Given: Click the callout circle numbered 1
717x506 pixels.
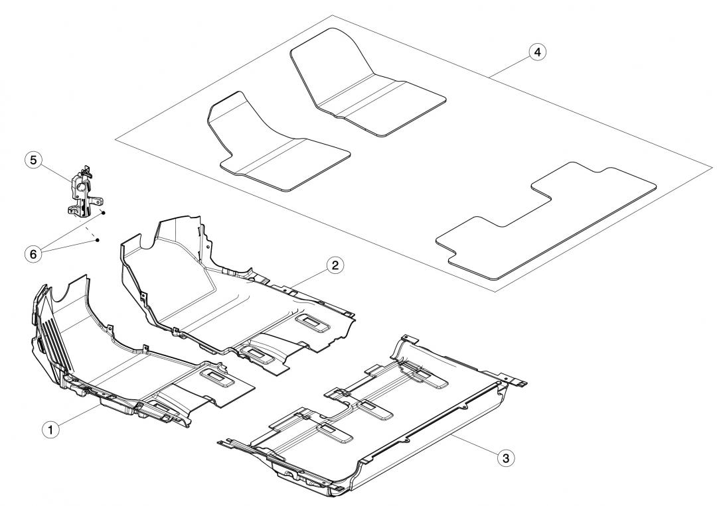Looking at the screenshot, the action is tap(50, 429).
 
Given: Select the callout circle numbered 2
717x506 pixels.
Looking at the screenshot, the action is tap(335, 265).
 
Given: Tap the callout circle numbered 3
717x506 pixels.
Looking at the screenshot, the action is tap(506, 458).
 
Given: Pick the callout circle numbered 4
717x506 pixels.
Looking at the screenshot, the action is tap(538, 52).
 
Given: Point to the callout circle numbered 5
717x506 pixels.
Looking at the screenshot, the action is tap(33, 160).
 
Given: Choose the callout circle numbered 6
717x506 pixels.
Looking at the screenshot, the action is tap(33, 254).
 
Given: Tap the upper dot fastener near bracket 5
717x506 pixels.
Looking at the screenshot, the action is tap(104, 213).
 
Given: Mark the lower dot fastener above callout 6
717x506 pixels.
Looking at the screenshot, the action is tap(98, 239).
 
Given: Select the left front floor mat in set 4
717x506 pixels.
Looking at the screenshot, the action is tap(279, 140).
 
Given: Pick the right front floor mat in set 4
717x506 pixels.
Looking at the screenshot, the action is tap(368, 82).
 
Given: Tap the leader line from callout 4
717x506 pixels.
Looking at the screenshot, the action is tap(510, 65).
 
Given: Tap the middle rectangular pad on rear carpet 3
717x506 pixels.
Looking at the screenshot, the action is tap(375, 409).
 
